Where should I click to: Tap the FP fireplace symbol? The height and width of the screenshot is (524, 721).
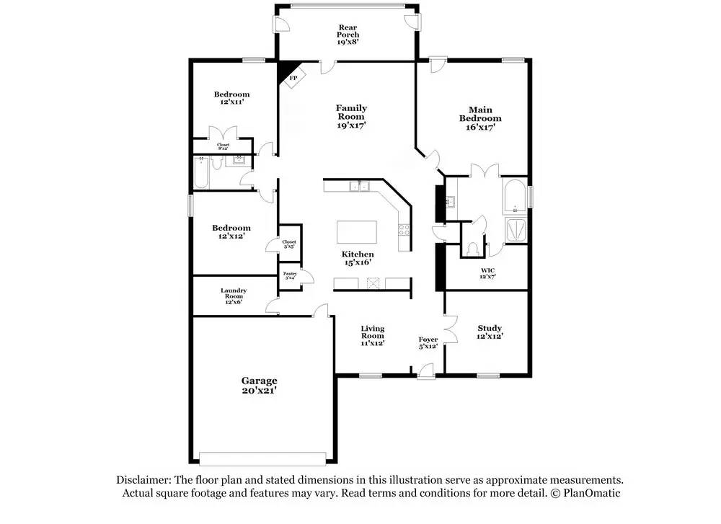point(293,78)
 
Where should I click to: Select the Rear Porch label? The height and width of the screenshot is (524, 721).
point(348,35)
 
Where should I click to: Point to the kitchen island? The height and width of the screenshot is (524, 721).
point(357,234)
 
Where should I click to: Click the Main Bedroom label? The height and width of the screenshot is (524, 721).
point(480,114)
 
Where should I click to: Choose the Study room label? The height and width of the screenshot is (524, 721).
point(490,328)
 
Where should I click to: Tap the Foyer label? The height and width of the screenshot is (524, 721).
point(428,339)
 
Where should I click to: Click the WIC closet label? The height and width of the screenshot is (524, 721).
point(488,270)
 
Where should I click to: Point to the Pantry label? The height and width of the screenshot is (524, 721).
point(290,274)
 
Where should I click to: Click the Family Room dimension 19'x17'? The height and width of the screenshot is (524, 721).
point(351,125)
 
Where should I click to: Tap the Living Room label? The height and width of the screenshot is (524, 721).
point(372,332)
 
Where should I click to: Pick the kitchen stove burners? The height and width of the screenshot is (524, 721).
point(404,231)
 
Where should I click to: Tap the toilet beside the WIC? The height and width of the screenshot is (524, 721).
point(473,248)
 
